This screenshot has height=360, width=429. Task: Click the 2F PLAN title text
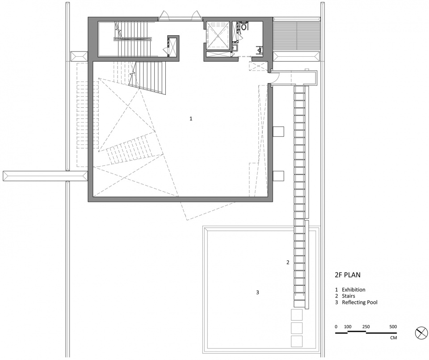pos(348,275)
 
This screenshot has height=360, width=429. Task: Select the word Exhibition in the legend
pos(353,290)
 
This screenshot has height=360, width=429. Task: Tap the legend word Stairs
pos(348,296)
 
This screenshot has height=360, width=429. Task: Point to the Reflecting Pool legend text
pos(359,302)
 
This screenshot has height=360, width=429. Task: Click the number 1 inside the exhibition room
pos(191,119)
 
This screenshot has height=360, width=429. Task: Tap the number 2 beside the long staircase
pos(288,262)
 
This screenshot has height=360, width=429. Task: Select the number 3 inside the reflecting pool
pos(257,292)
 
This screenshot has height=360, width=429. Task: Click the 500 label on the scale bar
pos(393,326)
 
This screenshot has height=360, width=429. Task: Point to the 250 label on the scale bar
pos(366,326)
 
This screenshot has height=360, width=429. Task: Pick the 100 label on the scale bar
pos(348,326)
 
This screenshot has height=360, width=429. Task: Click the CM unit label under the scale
pos(393,338)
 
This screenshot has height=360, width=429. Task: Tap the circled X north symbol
pos(421,333)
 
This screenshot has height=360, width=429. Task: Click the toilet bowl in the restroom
pos(244,26)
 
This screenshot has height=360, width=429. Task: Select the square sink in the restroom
pos(235,48)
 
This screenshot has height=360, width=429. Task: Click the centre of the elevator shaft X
pos(218,36)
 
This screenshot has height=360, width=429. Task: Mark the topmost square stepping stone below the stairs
pos(297,315)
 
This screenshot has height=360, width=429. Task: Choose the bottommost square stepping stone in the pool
pos(297,341)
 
